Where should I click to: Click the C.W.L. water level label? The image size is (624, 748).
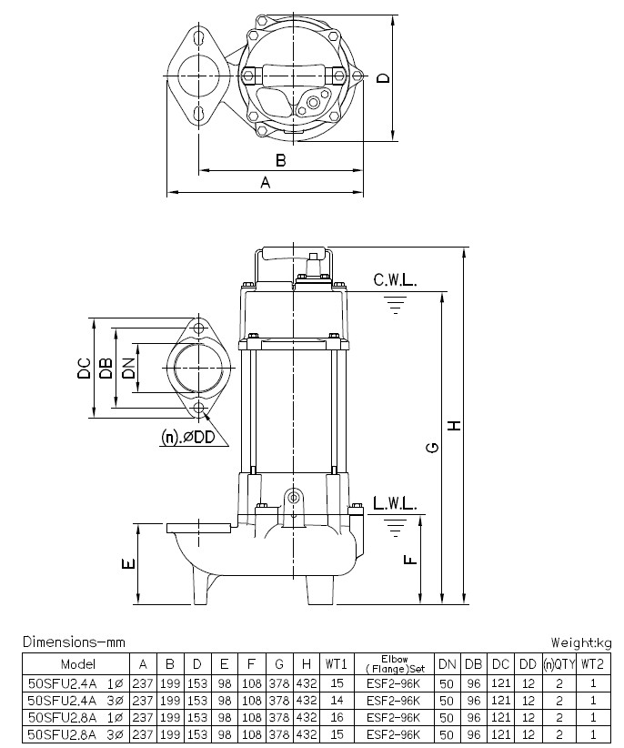tap(394, 281)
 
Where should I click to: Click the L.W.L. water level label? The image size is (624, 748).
tap(394, 504)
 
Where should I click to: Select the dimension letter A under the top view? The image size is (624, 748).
tap(266, 182)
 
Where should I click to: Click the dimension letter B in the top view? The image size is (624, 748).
tap(281, 160)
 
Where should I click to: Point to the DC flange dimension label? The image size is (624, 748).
tap(84, 369)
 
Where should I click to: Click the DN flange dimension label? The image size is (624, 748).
tap(128, 369)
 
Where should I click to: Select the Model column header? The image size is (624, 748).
tap(76, 664)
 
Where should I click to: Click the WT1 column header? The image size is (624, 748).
tap(337, 664)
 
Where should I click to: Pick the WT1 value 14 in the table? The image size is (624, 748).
tap(337, 701)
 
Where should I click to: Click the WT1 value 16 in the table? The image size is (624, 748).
tap(337, 717)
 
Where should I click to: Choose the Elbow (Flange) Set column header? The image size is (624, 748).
tap(386, 664)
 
